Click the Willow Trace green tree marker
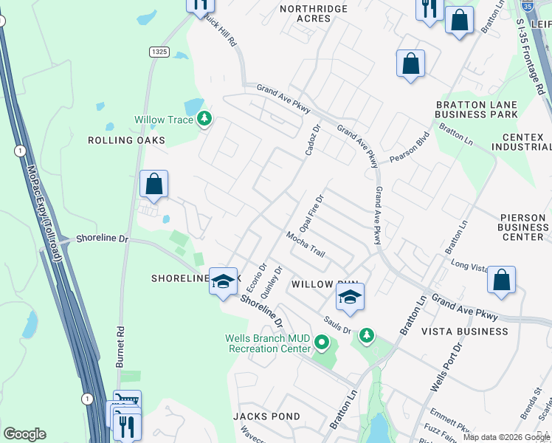[x=204, y=119]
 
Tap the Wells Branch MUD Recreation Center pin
[x=321, y=343]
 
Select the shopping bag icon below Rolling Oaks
[x=154, y=185]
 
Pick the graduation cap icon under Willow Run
[x=351, y=297]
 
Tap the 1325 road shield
[x=157, y=51]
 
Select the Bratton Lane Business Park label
[x=476, y=110]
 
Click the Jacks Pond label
[x=264, y=416]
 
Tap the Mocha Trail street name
[x=306, y=244]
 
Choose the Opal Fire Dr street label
[x=311, y=213]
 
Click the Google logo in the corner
[x=24, y=434]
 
